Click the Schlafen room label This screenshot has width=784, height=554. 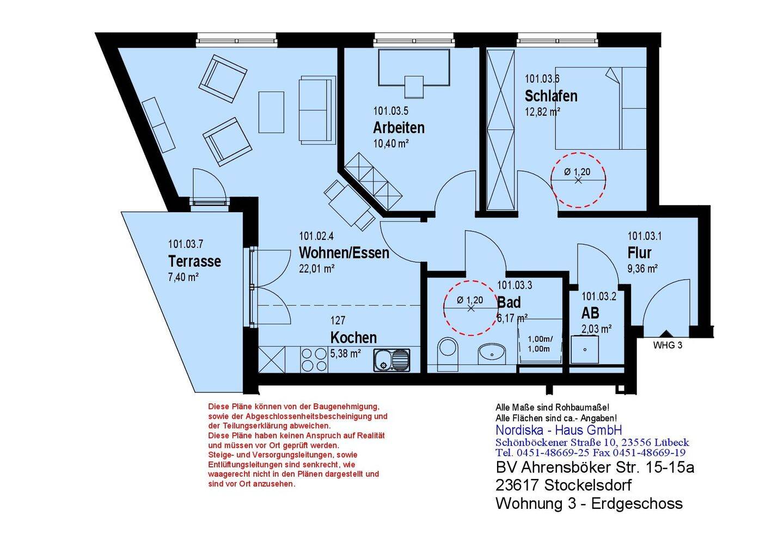pyautogui.click(x=551, y=96)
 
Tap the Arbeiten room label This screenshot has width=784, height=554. pyautogui.click(x=399, y=128)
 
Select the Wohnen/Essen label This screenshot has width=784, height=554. pyautogui.click(x=344, y=253)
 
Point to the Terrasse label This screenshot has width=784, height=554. pyautogui.click(x=194, y=261)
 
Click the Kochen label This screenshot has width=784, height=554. pyautogui.click(x=353, y=337)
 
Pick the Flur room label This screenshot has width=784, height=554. pyautogui.click(x=639, y=253)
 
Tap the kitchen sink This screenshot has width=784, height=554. pyautogui.click(x=391, y=360)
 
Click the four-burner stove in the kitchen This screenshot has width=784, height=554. pyautogui.click(x=314, y=360)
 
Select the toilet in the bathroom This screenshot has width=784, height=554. pyautogui.click(x=448, y=354)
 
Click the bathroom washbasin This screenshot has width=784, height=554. pyautogui.click(x=492, y=354)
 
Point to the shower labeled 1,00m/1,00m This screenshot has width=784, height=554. pyautogui.click(x=540, y=342)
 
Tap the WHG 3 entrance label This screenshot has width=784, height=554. pyautogui.click(x=667, y=345)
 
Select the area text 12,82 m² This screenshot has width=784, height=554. pyautogui.click(x=542, y=112)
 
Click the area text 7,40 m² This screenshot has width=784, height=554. pyautogui.click(x=183, y=277)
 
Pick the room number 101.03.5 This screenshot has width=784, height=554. pyautogui.click(x=390, y=111)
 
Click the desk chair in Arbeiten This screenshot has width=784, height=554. pyautogui.click(x=414, y=87)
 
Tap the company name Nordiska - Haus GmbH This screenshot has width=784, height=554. pyautogui.click(x=559, y=430)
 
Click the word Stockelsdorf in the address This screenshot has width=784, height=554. pyautogui.click(x=587, y=485)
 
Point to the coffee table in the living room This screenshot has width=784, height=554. pyautogui.click(x=271, y=112)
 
